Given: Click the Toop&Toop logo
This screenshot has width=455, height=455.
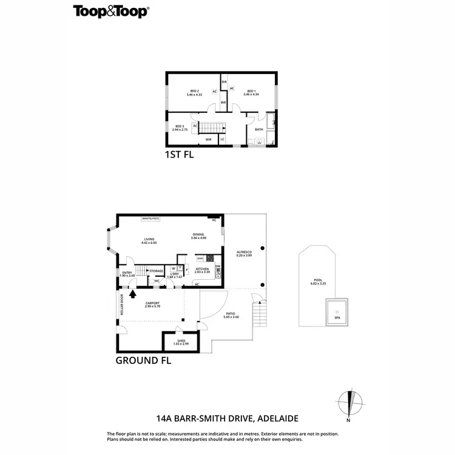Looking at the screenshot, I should pyautogui.click(x=112, y=11).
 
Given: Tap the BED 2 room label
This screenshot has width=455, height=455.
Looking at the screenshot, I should pyautogui.click(x=194, y=90).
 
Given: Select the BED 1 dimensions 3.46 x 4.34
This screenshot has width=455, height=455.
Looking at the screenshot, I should pyautogui.click(x=251, y=95).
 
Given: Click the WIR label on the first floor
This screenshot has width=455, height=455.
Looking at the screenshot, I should pyautogui.click(x=208, y=140).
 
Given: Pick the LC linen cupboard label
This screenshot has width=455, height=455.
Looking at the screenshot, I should pyautogui.click(x=223, y=140).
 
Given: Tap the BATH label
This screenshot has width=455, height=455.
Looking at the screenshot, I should pyautogui.click(x=259, y=129).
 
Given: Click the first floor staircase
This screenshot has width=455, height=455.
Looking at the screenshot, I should pyautogui.click(x=213, y=127).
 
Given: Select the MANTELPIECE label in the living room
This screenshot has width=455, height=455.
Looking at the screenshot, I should pyautogui.click(x=150, y=218).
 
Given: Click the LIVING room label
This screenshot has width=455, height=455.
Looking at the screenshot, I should pyautogui.click(x=149, y=238).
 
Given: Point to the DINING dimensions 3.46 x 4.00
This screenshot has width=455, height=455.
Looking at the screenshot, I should pyautogui.click(x=198, y=238).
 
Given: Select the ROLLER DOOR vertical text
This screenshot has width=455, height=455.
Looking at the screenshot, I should pyautogui.click(x=121, y=305).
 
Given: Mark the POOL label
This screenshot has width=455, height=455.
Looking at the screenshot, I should pyautogui.click(x=318, y=280).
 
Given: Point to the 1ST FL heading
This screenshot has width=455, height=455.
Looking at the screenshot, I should pyautogui.click(x=179, y=155).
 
